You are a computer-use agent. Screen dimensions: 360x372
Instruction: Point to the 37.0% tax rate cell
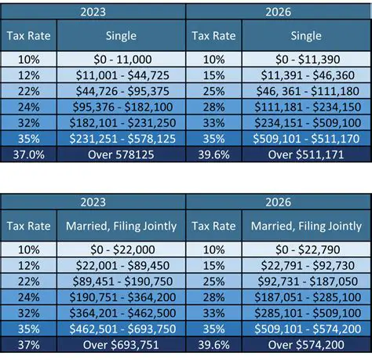[x=28, y=155]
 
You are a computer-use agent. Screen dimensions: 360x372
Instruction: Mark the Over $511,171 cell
[x=306, y=155]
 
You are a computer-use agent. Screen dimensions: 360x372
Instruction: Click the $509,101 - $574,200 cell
[x=306, y=329]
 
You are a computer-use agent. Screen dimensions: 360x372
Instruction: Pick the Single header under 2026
[x=306, y=36]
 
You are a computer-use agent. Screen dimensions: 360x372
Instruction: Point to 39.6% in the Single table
[x=214, y=155]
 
